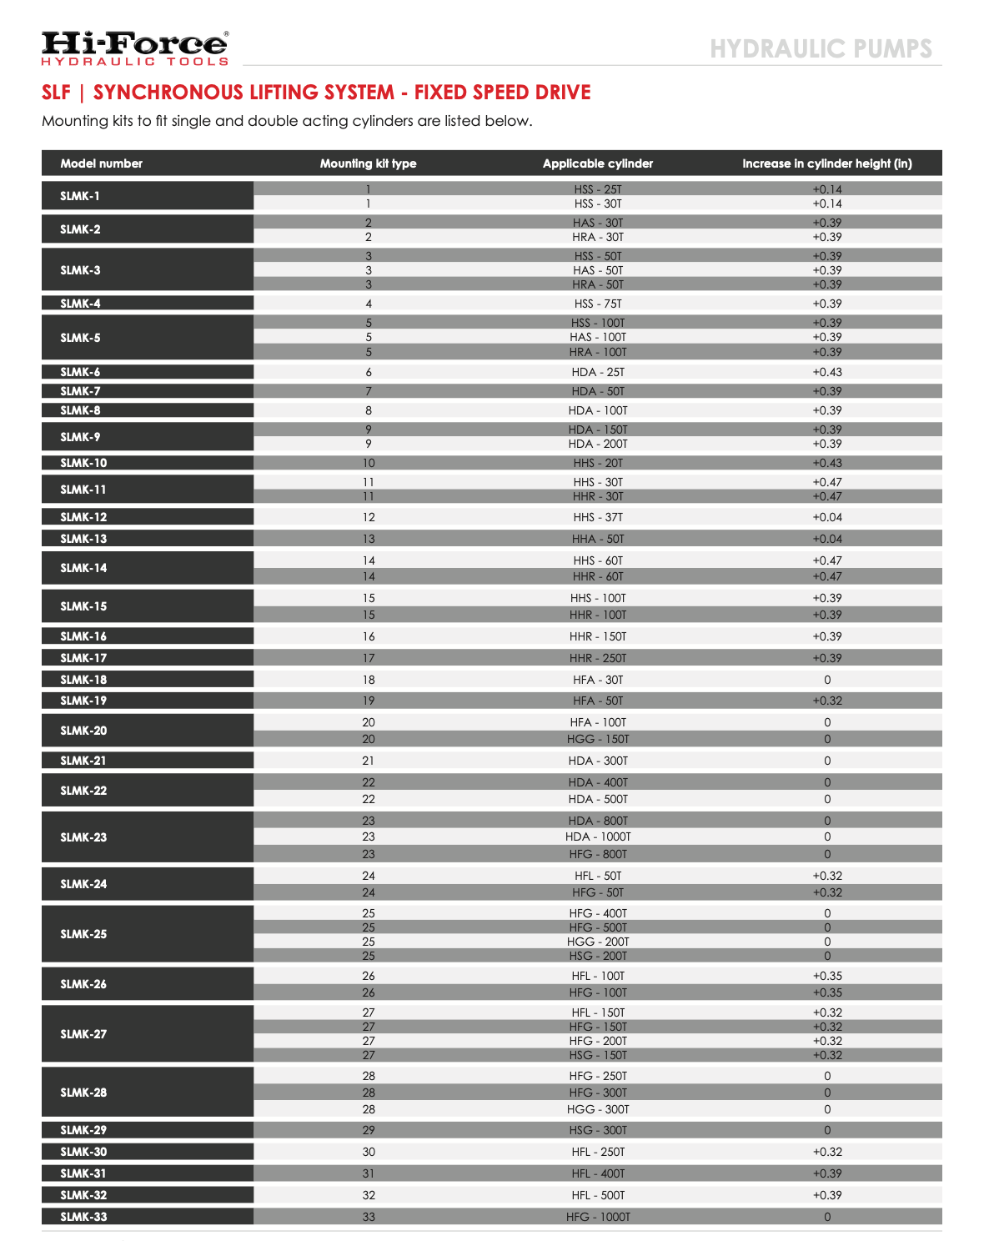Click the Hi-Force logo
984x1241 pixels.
tap(135, 48)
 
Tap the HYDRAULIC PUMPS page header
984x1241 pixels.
tap(821, 48)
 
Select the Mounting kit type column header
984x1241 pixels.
tap(368, 163)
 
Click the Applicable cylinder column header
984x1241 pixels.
tap(598, 163)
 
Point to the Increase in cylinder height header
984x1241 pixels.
tap(827, 163)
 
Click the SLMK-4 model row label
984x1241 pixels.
tap(81, 304)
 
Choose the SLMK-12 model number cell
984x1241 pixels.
tap(83, 517)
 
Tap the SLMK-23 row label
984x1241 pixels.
tap(83, 837)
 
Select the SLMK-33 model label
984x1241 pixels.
tap(83, 1217)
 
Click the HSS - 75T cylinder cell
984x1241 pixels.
tap(598, 304)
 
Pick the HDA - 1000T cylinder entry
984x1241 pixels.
tap(598, 837)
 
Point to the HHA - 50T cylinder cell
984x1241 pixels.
tap(598, 539)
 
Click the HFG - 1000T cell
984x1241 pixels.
tap(598, 1217)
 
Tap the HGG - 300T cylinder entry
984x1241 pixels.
tap(598, 1109)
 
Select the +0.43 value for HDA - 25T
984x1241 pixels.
tap(827, 372)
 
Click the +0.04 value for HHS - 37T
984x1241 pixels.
tap(827, 517)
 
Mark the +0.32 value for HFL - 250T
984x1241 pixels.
tap(827, 1152)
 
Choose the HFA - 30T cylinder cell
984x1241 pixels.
tap(598, 680)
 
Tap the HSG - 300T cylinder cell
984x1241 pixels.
tap(598, 1130)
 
